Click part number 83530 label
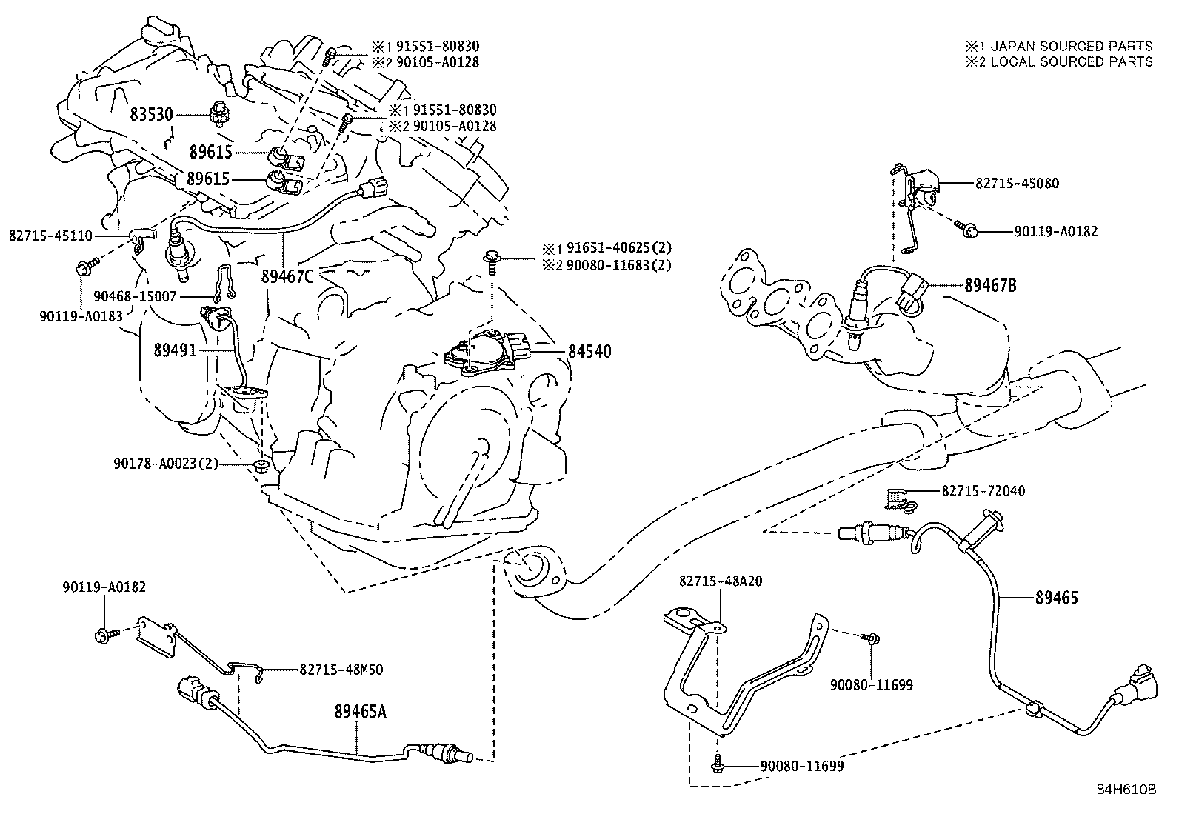pyautogui.click(x=151, y=115)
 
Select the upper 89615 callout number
pyautogui.click(x=210, y=153)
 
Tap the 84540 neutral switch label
pyautogui.click(x=589, y=351)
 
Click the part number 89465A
pyautogui.click(x=361, y=713)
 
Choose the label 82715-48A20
pyautogui.click(x=721, y=582)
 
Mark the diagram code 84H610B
pyautogui.click(x=1126, y=789)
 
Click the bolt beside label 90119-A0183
pyautogui.click(x=83, y=267)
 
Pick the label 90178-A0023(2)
pyautogui.click(x=166, y=464)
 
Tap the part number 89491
pyautogui.click(x=175, y=350)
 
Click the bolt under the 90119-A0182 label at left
pyautogui.click(x=103, y=635)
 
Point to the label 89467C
pyautogui.click(x=287, y=276)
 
